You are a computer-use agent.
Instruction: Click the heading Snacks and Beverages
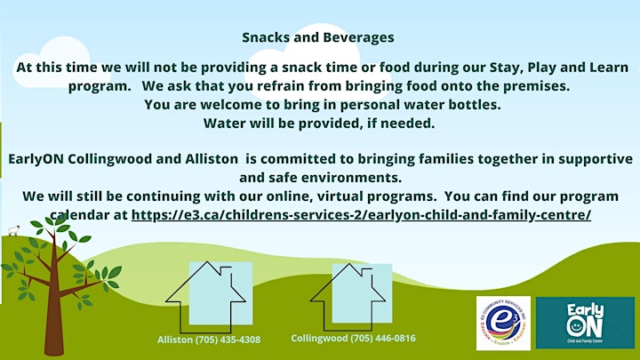pyautogui.click(x=318, y=37)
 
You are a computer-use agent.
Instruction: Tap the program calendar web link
pyautogui.click(x=361, y=215)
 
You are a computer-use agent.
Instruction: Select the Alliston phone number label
pyautogui.click(x=209, y=340)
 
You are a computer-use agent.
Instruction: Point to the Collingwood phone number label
pyautogui.click(x=353, y=338)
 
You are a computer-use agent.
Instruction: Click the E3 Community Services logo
pyautogui.click(x=503, y=323)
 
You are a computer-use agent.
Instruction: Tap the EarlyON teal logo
pyautogui.click(x=585, y=323)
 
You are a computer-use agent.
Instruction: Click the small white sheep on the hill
pyautogui.click(x=13, y=230)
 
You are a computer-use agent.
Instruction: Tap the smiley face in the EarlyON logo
pyautogui.click(x=575, y=326)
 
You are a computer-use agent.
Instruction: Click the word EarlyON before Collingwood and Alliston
pyautogui.click(x=36, y=159)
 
